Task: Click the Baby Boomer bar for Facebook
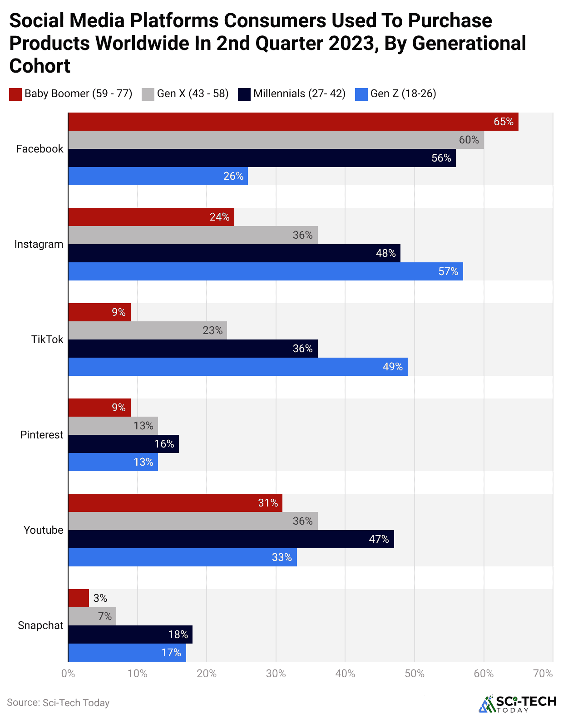[293, 122]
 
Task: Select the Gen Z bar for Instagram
[266, 271]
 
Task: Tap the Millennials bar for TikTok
[193, 349]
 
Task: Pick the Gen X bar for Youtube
[193, 521]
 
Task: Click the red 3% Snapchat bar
[79, 598]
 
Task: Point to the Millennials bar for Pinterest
[123, 444]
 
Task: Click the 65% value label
[504, 122]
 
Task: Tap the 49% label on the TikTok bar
[393, 367]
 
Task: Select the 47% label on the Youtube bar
[379, 539]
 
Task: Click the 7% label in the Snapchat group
[105, 616]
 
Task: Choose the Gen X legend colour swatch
[148, 94]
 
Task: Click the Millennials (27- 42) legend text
[299, 93]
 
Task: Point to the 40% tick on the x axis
[345, 674]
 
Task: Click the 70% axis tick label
[543, 674]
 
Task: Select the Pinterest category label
[42, 435]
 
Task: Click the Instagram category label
[39, 244]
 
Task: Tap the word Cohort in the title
[40, 66]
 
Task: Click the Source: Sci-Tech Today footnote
[58, 703]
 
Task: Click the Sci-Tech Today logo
[518, 703]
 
